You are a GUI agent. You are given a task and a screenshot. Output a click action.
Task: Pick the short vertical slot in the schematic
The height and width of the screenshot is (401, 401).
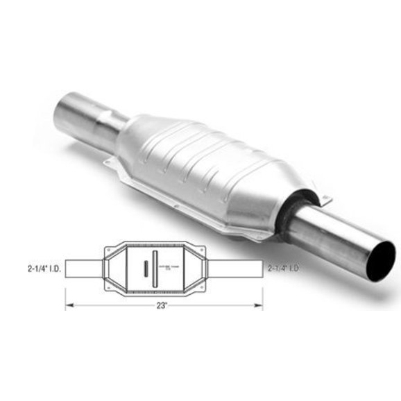(139, 267)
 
